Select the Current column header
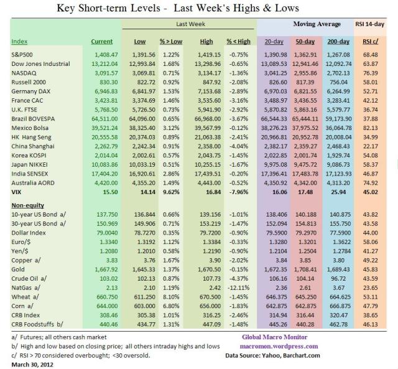click(x=101, y=42)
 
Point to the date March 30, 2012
click(x=31, y=362)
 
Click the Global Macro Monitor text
click(x=271, y=337)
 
